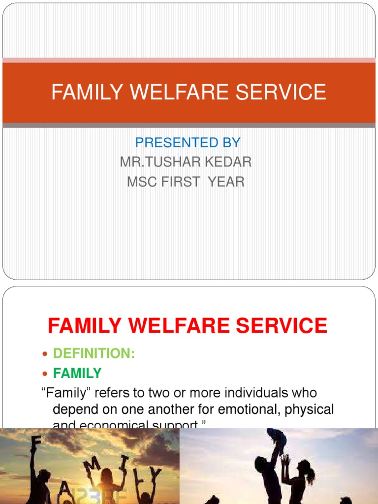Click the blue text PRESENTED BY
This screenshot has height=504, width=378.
pos(188,143)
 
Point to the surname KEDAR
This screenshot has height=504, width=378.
pos(230,162)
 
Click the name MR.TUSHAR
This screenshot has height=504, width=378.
pos(161,162)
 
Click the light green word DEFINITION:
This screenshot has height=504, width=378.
pos(94,353)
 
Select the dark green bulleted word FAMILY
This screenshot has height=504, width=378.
pos(77,373)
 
